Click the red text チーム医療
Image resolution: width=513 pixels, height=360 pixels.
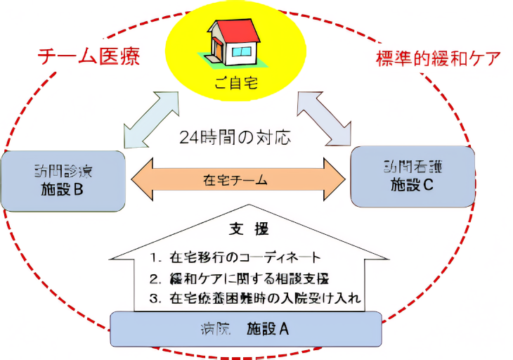pyautogui.click(x=88, y=57)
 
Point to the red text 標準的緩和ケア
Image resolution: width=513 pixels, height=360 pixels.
pyautogui.click(x=436, y=58)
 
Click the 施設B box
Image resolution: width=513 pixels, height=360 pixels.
pyautogui.click(x=63, y=180)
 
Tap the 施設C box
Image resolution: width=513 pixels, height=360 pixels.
pyautogui.click(x=413, y=176)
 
